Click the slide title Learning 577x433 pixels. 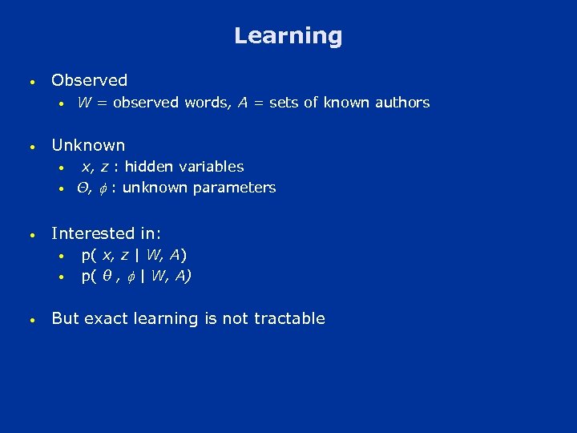pyautogui.click(x=288, y=36)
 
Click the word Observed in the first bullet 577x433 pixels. pyautogui.click(x=89, y=80)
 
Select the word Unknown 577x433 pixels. pyautogui.click(x=88, y=145)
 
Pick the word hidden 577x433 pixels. pyautogui.click(x=144, y=167)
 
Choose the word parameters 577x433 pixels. pyautogui.click(x=238, y=188)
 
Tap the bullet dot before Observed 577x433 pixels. pyautogui.click(x=30, y=82)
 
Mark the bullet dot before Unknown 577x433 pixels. pyautogui.click(x=30, y=147)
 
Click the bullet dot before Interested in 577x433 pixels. pyautogui.click(x=30, y=235)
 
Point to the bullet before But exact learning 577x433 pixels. pyautogui.click(x=30, y=320)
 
